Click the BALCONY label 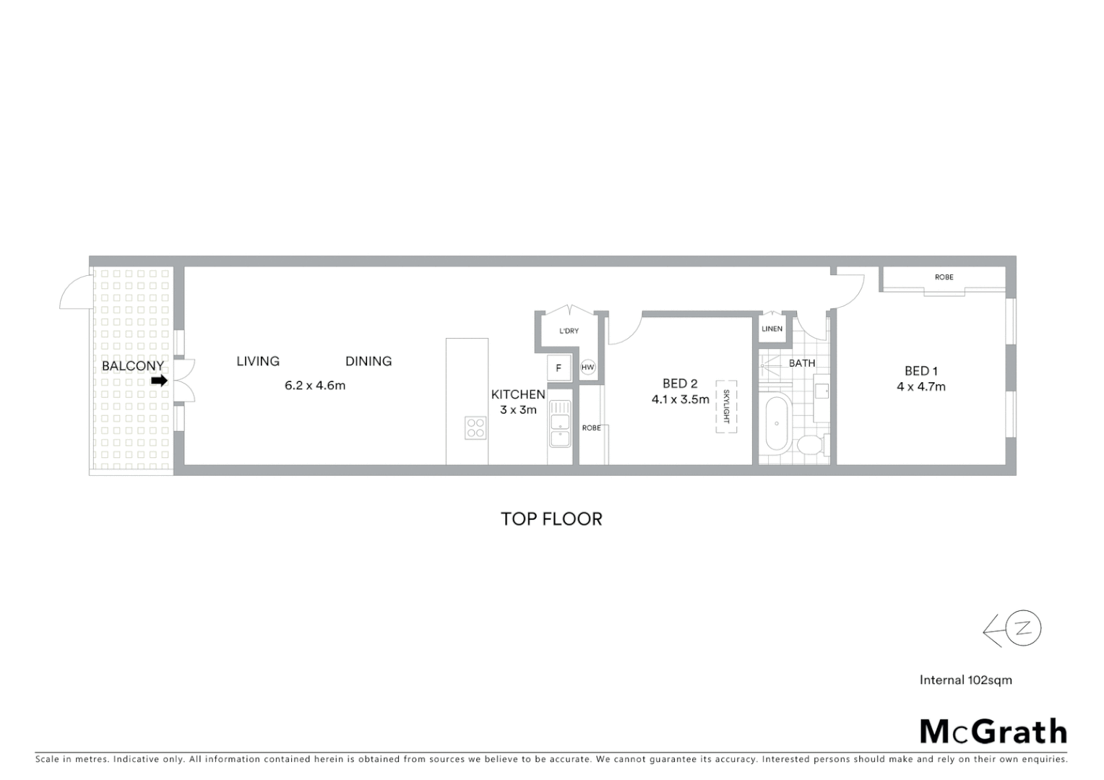click(132, 365)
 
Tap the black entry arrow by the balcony click(159, 381)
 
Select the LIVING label click(258, 361)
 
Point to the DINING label click(368, 361)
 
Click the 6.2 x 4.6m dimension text click(315, 386)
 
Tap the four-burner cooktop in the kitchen click(475, 428)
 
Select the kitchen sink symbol click(560, 424)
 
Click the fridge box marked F click(559, 368)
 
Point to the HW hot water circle click(588, 368)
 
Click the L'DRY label click(569, 331)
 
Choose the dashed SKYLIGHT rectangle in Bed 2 click(726, 407)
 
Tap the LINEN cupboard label click(772, 329)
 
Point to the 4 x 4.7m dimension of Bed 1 click(921, 387)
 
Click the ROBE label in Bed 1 click(944, 277)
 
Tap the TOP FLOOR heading click(551, 519)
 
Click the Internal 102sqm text click(965, 680)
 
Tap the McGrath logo click(993, 732)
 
